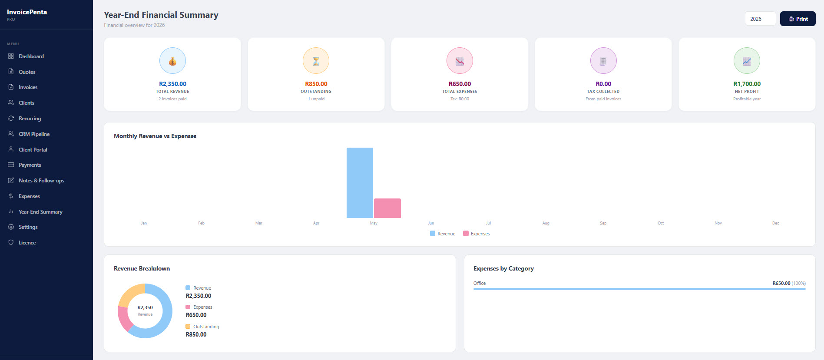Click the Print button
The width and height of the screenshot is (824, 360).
coord(798,19)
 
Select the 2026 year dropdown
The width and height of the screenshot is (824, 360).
coord(760,19)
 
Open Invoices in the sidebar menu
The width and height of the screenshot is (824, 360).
coord(28,87)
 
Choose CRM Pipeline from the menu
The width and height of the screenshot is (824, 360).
coord(34,134)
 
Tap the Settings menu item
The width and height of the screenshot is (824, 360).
coord(28,227)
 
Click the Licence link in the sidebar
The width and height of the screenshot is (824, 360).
coord(27,243)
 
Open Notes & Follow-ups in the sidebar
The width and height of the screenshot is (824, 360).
coord(41,181)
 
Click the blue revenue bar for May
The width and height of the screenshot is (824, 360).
coord(360,183)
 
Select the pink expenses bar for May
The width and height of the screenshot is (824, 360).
coord(387,208)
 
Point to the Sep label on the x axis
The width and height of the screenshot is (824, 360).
coord(603,223)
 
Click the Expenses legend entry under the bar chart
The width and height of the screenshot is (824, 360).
coord(477,234)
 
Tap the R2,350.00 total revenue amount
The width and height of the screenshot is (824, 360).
coord(172,84)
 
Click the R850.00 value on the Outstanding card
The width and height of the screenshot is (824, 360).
coord(316,84)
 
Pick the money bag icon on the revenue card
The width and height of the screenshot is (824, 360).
coord(172,61)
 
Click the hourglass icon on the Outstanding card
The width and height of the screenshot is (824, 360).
coord(316,61)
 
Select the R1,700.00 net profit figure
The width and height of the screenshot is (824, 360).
coord(747,84)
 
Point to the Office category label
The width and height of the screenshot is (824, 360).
coord(480,283)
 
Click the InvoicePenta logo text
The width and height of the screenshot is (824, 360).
coord(27,12)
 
